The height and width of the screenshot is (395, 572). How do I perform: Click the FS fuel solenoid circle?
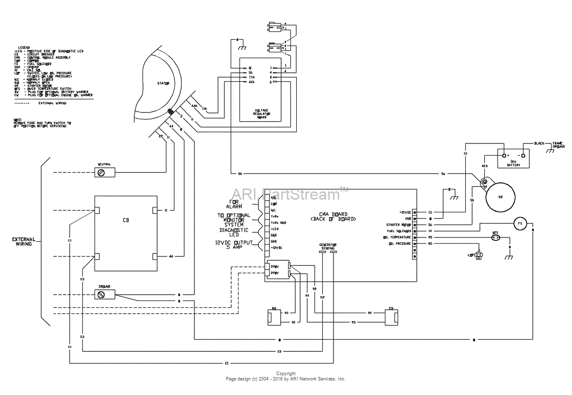520,223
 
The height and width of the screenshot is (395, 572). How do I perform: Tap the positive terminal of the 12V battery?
505,156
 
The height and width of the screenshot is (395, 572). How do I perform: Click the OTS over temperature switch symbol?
495,237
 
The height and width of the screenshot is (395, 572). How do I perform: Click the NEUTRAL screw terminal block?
104,172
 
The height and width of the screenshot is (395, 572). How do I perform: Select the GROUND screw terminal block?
104,294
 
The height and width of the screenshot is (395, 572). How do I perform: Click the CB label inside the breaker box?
126,220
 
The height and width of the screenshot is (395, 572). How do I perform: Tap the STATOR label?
162,84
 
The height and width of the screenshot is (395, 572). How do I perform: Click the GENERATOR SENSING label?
328,246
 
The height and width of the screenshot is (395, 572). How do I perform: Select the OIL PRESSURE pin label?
399,244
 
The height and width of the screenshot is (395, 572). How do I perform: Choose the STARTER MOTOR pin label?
398,225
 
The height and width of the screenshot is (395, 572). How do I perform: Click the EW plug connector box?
391,316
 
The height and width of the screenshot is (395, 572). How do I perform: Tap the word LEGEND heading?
24,47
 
